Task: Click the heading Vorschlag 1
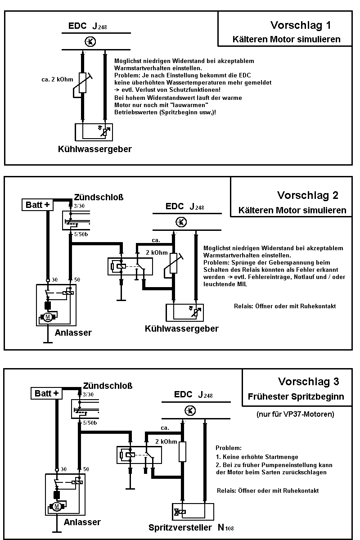point(303,25)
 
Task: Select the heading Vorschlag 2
point(307,195)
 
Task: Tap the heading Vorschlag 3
point(308,382)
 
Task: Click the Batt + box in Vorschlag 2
point(38,205)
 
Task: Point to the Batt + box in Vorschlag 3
point(47,393)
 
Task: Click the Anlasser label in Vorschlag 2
point(73,333)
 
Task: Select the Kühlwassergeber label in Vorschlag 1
point(94,149)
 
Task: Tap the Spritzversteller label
point(180,527)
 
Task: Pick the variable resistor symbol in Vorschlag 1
point(82,82)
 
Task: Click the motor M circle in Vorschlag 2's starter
point(48,317)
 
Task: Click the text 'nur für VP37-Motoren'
point(295,414)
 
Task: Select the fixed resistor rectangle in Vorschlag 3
point(182,451)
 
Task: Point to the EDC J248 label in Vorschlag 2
point(184,207)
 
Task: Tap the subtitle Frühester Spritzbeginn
point(296,397)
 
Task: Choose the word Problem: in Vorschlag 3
point(229,448)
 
